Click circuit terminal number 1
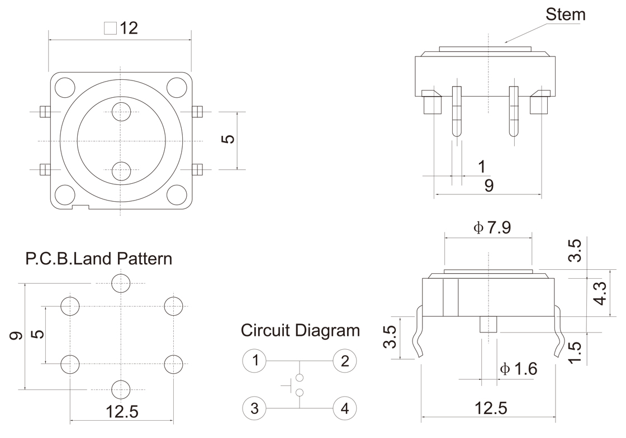[x=255, y=360]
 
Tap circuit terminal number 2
[x=345, y=360]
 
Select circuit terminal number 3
[x=255, y=408]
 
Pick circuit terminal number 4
[x=345, y=408]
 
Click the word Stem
[x=566, y=15]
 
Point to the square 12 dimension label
[x=121, y=28]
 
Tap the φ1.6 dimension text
[x=518, y=369]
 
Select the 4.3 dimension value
[x=599, y=293]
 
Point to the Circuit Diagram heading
[x=300, y=330]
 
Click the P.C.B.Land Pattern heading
[x=99, y=259]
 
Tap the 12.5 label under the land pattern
[x=121, y=412]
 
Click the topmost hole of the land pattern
[x=121, y=283]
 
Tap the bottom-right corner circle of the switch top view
[x=177, y=193]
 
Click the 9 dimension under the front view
[x=489, y=186]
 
